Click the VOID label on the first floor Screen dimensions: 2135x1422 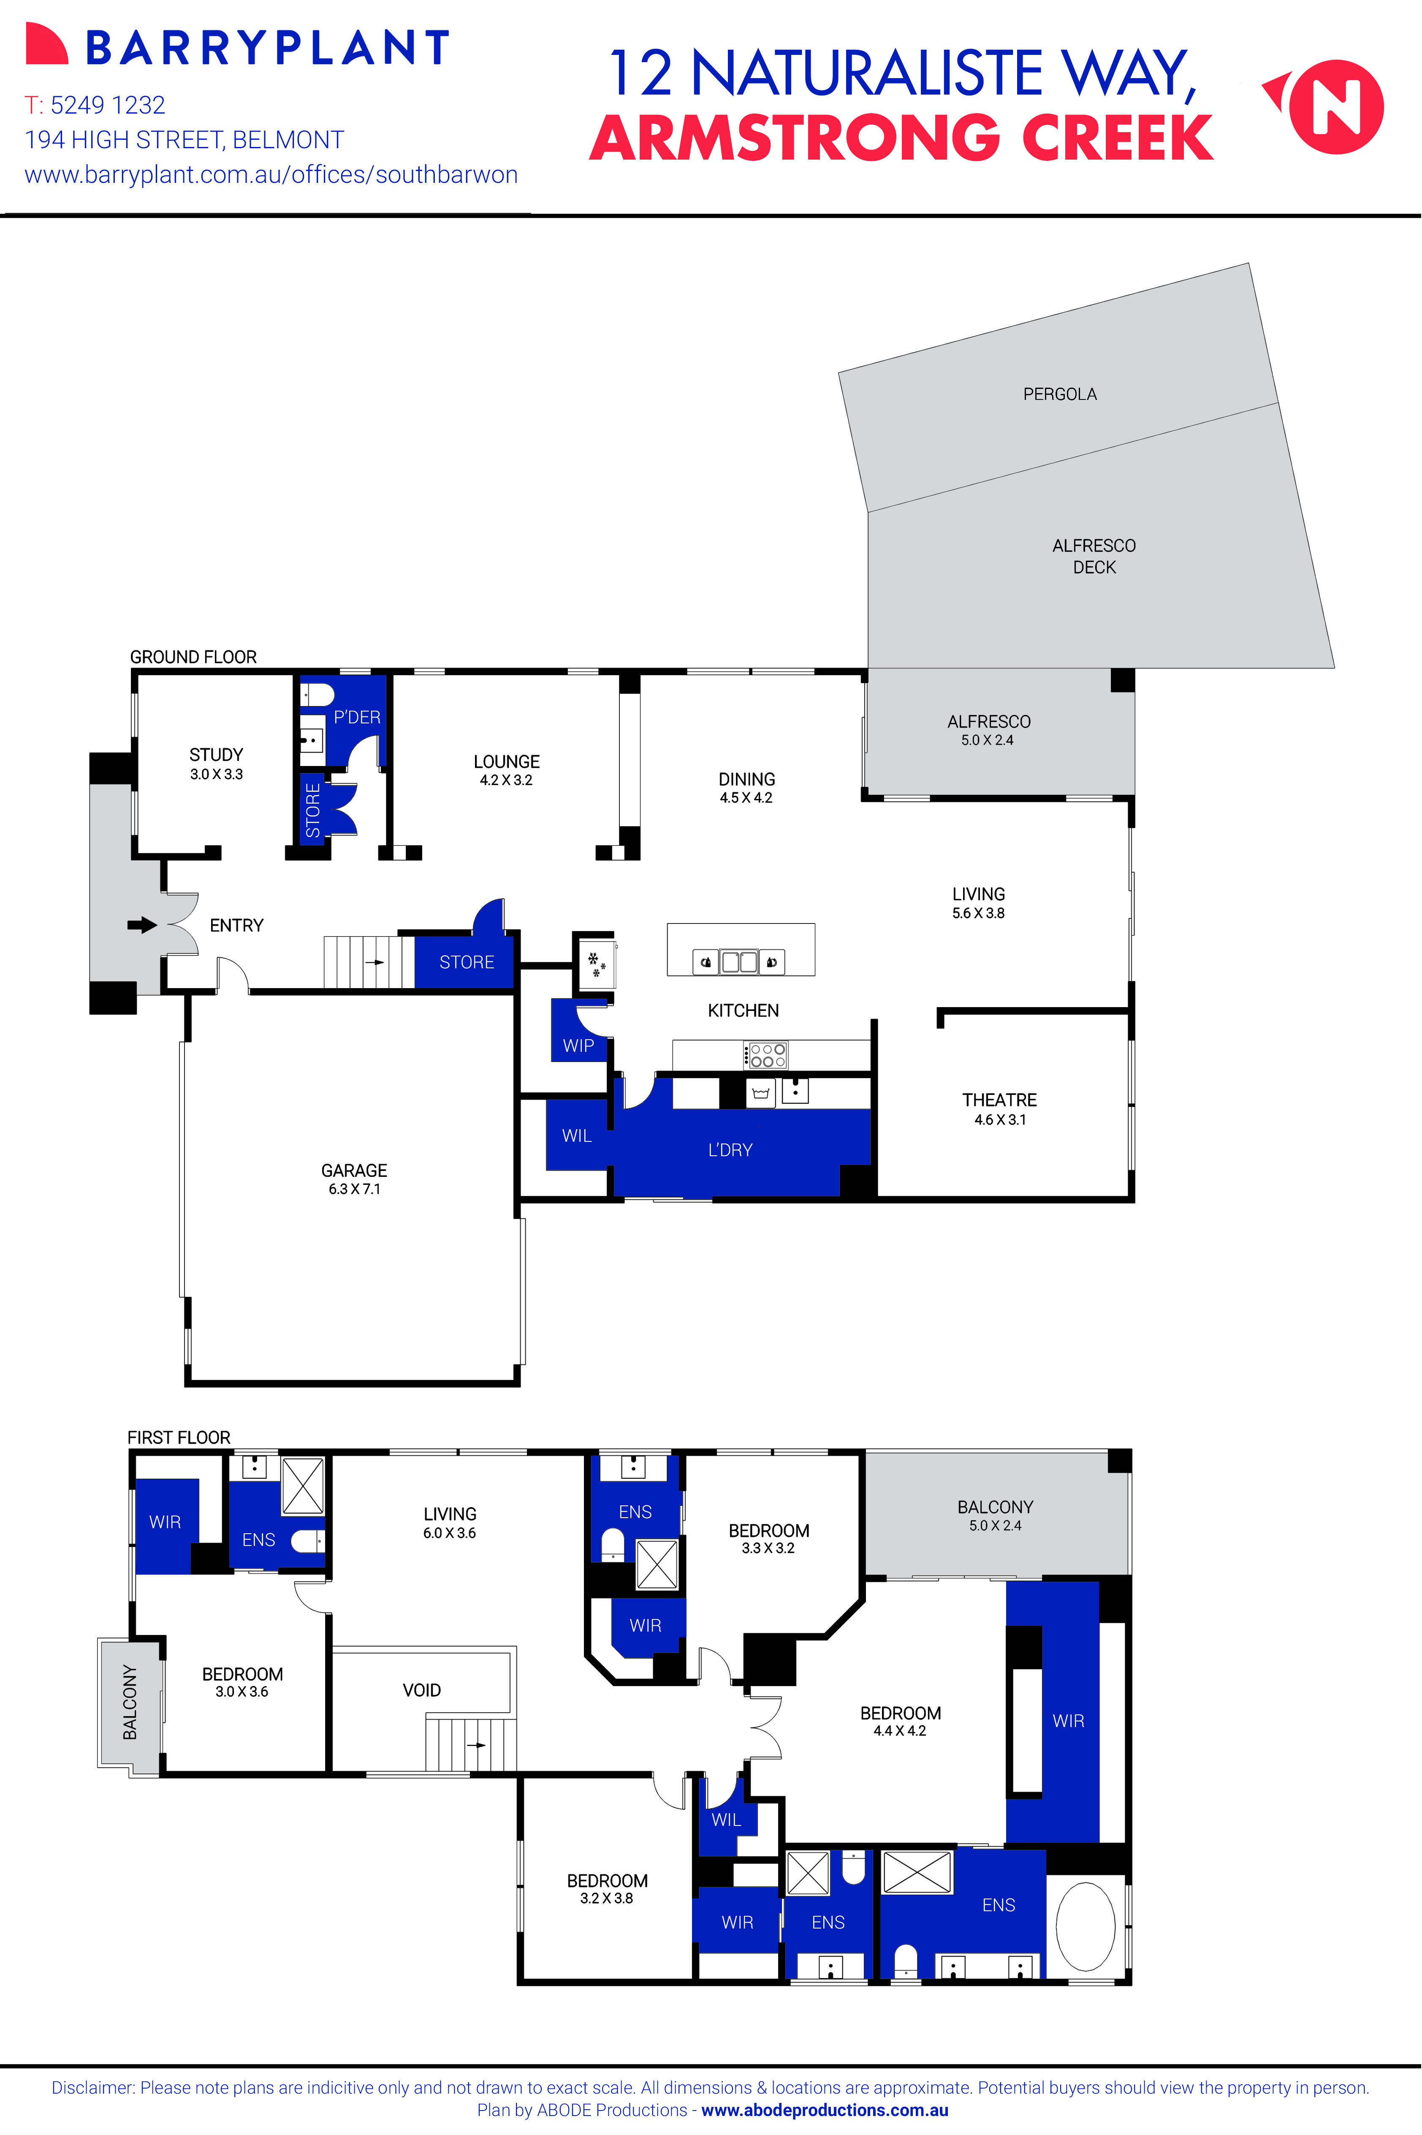422,1690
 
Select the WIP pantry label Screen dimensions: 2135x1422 578,1046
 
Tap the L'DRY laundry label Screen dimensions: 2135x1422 730,1150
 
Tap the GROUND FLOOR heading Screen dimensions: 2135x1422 193,657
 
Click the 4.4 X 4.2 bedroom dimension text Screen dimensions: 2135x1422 900,1730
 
